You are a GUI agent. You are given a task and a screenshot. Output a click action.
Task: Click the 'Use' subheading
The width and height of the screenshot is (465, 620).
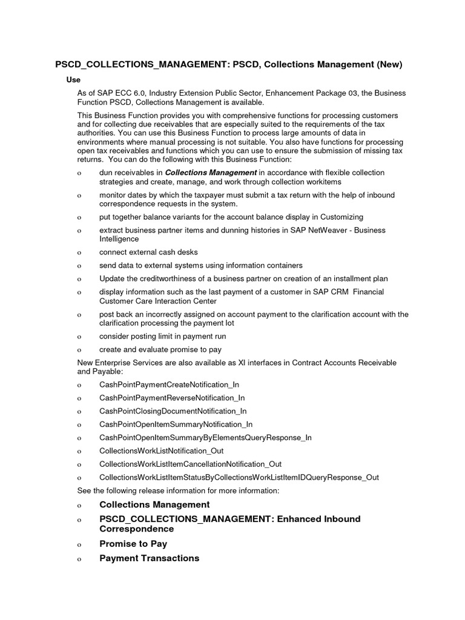pyautogui.click(x=73, y=80)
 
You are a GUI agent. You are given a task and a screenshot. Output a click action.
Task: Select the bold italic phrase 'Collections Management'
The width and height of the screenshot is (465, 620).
pyautogui.click(x=211, y=173)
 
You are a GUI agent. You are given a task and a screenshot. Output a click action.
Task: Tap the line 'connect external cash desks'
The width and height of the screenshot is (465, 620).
pyautogui.click(x=148, y=252)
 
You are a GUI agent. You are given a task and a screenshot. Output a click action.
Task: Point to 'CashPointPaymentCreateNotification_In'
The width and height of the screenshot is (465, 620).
pyautogui.click(x=169, y=384)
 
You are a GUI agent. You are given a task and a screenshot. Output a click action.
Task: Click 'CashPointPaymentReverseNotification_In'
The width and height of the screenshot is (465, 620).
pyautogui.click(x=172, y=398)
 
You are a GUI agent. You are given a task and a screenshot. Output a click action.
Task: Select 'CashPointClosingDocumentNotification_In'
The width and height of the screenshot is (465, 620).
pyautogui.click(x=173, y=411)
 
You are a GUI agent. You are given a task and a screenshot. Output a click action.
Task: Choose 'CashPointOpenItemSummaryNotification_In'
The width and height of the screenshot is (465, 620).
pyautogui.click(x=176, y=424)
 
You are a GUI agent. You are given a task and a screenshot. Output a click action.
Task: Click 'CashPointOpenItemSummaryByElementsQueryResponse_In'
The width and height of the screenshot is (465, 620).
pyautogui.click(x=205, y=438)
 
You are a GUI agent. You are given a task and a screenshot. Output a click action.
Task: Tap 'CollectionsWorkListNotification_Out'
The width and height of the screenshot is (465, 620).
pyautogui.click(x=161, y=451)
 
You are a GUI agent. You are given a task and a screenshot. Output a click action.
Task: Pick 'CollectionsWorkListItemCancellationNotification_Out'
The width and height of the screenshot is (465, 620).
pyautogui.click(x=190, y=464)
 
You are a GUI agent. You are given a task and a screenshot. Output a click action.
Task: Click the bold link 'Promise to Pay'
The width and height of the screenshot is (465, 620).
pyautogui.click(x=133, y=544)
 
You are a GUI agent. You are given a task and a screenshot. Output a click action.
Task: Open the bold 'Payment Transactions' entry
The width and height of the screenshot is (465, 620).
pyautogui.click(x=149, y=558)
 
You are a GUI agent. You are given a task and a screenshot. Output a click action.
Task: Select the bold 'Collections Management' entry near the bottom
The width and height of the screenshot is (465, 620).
pyautogui.click(x=154, y=505)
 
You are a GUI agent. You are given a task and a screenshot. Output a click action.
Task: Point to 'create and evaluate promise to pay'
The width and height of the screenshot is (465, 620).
pyautogui.click(x=160, y=349)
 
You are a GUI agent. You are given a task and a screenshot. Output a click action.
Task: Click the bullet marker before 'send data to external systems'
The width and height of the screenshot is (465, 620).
pyautogui.click(x=79, y=266)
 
